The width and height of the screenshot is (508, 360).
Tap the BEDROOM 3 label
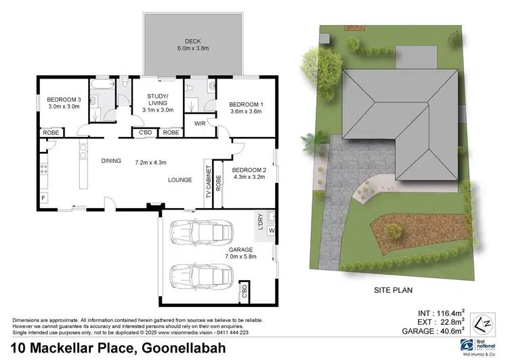pyautogui.click(x=63, y=100)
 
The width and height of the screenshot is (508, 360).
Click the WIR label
pyautogui.click(x=200, y=124)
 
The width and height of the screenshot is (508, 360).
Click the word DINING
pyautogui.click(x=111, y=161)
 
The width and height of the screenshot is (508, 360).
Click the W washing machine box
pyautogui.click(x=271, y=231)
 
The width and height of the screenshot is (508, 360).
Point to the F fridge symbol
pyautogui.click(x=44, y=197)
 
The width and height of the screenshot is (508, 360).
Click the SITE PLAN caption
pyautogui.click(x=394, y=289)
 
